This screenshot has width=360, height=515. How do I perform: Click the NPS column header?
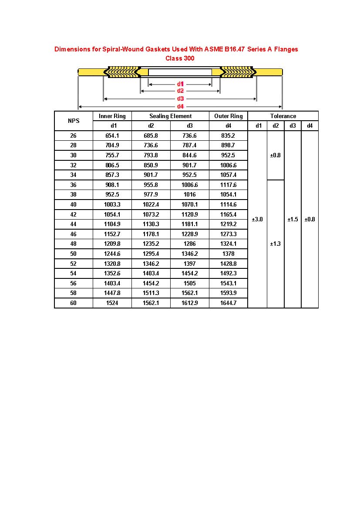pos(74,121)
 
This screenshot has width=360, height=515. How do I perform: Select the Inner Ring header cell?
pos(112,116)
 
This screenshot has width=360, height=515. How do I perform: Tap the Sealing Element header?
pos(170,116)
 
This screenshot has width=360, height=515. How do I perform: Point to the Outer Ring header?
pos(228,116)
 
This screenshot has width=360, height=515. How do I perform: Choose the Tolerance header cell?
pos(283,116)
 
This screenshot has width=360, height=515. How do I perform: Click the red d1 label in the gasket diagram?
pos(180,84)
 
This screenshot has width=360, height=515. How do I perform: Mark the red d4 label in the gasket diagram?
pos(180,106)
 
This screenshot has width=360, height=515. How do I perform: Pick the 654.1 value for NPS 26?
pos(112,136)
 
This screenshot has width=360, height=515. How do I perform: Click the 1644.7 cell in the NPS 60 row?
pos(228,303)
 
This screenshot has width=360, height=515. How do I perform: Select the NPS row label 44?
pos(73,224)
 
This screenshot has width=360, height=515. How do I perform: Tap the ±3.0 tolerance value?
pos(257,219)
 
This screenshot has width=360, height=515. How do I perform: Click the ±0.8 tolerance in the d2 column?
pos(275,155)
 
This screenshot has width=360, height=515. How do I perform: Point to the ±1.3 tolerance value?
pos(275,244)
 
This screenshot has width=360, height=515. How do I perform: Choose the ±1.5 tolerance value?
pos(293,219)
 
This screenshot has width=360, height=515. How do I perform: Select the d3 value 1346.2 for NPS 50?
pos(189,254)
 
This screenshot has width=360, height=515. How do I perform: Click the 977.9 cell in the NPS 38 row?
pos(151,195)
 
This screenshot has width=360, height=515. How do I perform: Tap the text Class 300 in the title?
pos(180,58)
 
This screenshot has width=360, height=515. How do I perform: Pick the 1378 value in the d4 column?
pos(228,254)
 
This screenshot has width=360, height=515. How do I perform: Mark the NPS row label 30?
pos(73,155)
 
